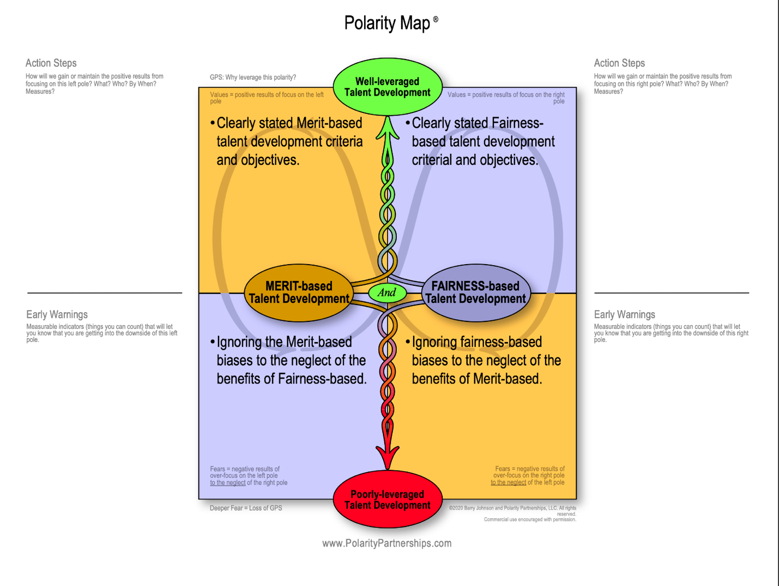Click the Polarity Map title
387,23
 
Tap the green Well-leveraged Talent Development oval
387,87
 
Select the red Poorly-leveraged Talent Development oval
387,499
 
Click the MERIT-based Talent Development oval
299,292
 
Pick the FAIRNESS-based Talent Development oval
475,292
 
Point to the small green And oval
387,292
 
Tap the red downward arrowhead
387,456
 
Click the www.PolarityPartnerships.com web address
387,543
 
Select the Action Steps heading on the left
51,63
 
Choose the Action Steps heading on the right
619,63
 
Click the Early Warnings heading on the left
57,315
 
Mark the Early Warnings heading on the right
624,315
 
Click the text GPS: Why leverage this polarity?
253,77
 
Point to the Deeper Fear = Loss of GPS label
246,508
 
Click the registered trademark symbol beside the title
436,19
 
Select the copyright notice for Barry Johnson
512,511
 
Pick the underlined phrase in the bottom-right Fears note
508,482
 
